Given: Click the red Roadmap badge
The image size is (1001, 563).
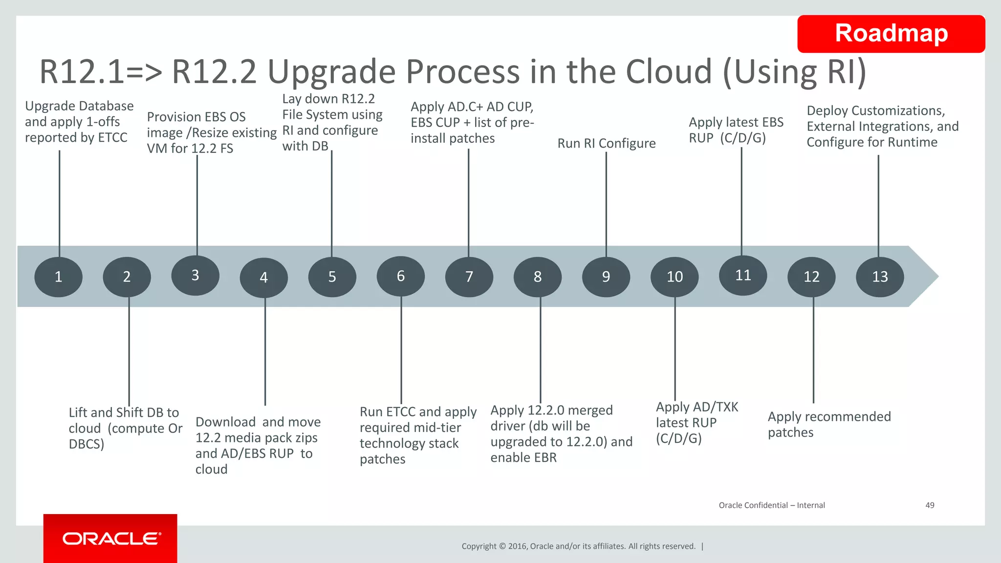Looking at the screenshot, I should pos(891,34).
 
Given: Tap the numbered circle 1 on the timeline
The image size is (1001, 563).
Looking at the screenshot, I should pos(58,277).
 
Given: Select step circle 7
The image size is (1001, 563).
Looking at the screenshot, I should pos(469,277).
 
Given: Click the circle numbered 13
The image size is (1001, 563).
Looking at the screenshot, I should pos(880,277).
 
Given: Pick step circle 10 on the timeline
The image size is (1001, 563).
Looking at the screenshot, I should pos(675,277).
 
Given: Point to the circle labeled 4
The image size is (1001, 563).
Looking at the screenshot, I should pos(263,277).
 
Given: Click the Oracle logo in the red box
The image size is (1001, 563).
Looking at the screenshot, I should pos(111,539).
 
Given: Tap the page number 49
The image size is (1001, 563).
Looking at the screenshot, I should pos(930,505).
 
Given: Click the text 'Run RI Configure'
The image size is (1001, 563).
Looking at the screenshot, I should pos(607,143).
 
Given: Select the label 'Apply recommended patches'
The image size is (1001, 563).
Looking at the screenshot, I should pos(829,424).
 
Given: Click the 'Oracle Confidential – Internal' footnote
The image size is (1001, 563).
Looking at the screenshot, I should pos(771,505).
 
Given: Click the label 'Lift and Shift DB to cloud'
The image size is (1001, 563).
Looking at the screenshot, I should pos(125,428).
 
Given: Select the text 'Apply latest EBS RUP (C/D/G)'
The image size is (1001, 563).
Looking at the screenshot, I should pos(736,130).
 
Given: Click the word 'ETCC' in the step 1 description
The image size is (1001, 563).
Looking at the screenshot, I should pos(112,138).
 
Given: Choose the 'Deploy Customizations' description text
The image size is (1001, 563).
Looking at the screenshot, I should pos(882,126).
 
